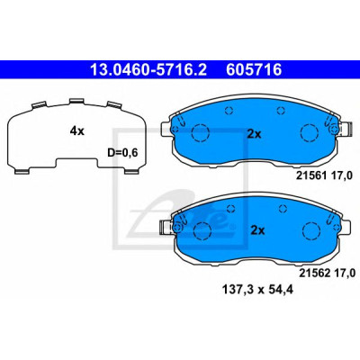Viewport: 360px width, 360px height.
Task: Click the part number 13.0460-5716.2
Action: click(x=148, y=69)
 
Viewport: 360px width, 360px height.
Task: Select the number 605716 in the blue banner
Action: click(x=254, y=69)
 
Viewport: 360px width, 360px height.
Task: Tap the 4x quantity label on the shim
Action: click(x=77, y=130)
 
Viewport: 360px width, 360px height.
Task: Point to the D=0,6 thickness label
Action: click(x=122, y=153)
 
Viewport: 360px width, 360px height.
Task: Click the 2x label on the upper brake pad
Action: click(x=254, y=134)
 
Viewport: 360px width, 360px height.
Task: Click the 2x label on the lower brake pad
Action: click(x=257, y=230)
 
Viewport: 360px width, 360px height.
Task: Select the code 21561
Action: click(x=311, y=176)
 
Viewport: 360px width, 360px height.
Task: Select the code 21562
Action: click(x=314, y=273)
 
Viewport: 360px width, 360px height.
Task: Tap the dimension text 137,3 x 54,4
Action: click(x=257, y=290)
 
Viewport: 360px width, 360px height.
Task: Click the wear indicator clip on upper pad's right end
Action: click(x=344, y=129)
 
